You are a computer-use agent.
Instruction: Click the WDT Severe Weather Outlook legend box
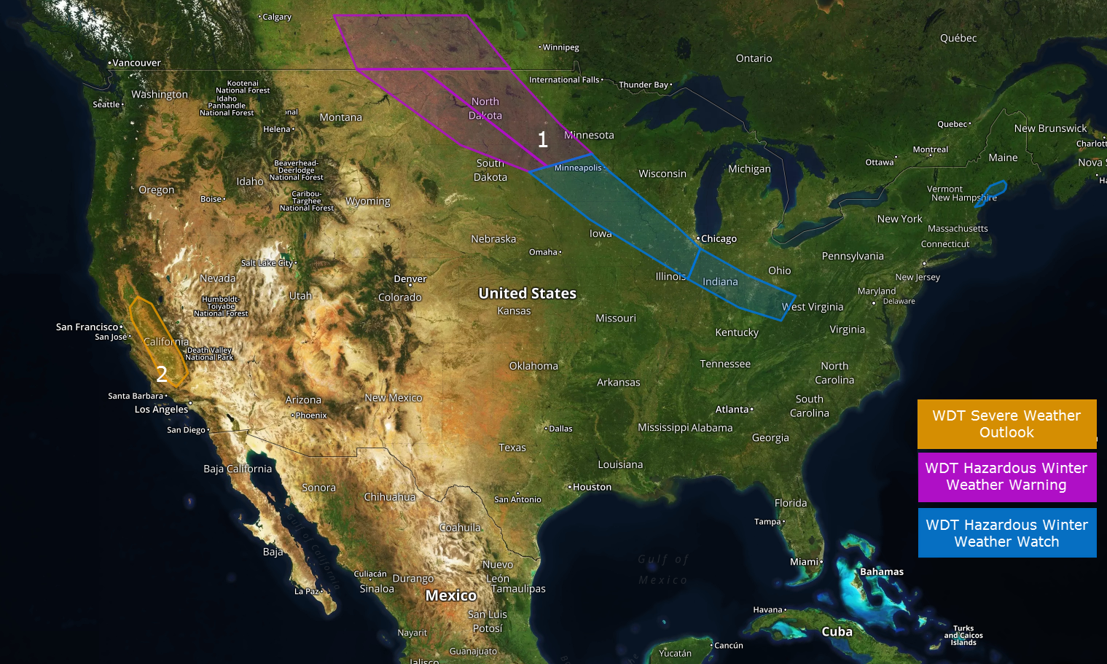[1006, 423]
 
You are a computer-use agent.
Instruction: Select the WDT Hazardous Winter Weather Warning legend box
[1006, 477]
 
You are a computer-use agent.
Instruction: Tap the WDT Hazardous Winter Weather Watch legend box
[1006, 533]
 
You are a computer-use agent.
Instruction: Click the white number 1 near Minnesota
[542, 140]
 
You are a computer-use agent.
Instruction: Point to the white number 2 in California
[162, 374]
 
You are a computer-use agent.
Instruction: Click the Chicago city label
[718, 239]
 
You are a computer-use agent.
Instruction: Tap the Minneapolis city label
[579, 168]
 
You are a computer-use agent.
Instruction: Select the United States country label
[527, 293]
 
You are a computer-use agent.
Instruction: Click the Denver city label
[410, 279]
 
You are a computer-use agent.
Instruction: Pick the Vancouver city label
[136, 63]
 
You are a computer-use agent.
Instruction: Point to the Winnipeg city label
[560, 47]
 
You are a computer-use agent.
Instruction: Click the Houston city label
[591, 487]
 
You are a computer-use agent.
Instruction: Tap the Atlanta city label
[732, 410]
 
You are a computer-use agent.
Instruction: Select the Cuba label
[837, 632]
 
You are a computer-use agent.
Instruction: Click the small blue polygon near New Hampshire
[993, 192]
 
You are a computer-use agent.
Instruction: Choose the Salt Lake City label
[267, 263]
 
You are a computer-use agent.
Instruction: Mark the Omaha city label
[544, 252]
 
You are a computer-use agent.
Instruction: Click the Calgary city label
[276, 17]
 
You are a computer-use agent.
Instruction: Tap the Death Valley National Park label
[209, 354]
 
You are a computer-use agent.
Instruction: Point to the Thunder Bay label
[644, 85]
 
